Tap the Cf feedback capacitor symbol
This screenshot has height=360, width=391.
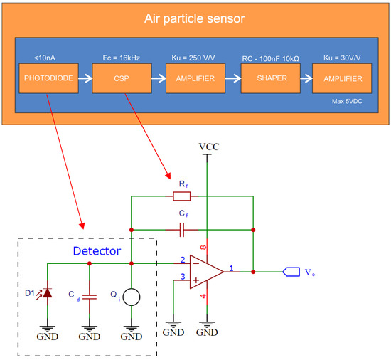pyautogui.click(x=183, y=230)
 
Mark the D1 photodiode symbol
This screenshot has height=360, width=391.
pyautogui.click(x=48, y=293)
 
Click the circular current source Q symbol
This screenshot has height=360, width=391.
pyautogui.click(x=131, y=297)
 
